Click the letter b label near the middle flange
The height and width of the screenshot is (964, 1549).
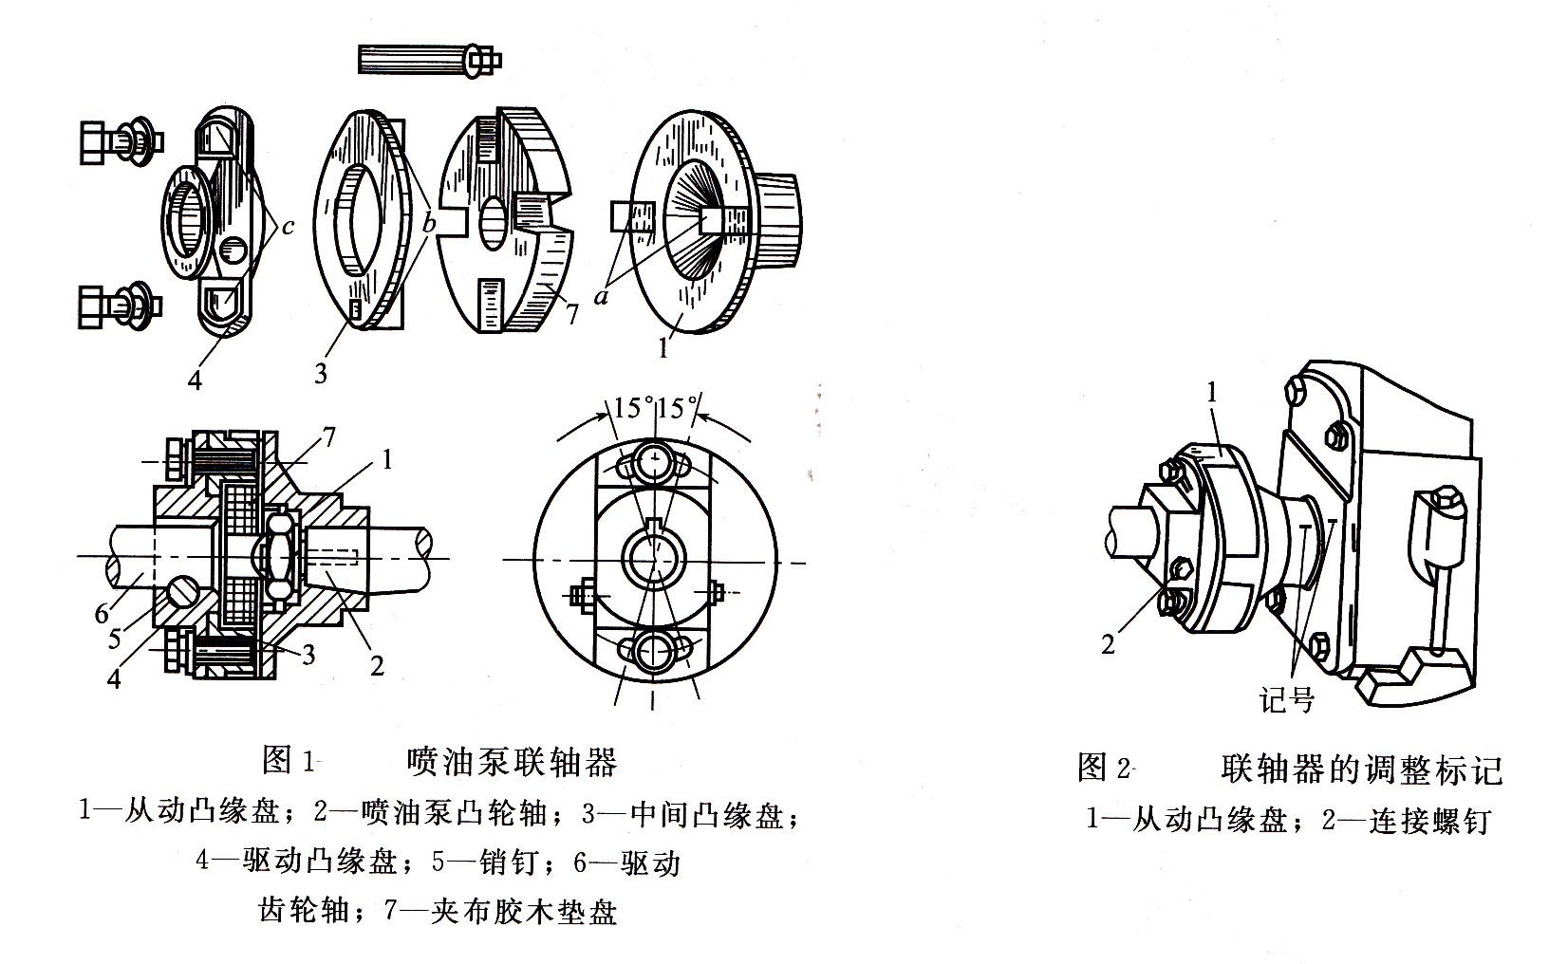point(429,224)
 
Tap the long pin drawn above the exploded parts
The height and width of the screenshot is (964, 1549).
point(428,60)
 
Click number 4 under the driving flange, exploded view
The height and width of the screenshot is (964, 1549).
point(196,380)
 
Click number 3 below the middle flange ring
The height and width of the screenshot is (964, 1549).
point(321,373)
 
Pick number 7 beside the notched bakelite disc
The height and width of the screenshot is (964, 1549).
point(572,314)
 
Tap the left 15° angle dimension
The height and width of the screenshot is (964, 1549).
point(633,408)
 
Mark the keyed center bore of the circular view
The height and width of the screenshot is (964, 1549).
point(654,557)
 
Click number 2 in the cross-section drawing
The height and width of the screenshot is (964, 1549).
point(378,665)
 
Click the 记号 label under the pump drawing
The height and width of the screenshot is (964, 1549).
point(1286,701)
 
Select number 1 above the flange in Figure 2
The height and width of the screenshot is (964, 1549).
point(1210,391)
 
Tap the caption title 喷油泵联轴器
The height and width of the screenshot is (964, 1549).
point(512,761)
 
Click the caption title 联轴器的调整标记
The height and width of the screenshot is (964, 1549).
point(1362,768)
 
